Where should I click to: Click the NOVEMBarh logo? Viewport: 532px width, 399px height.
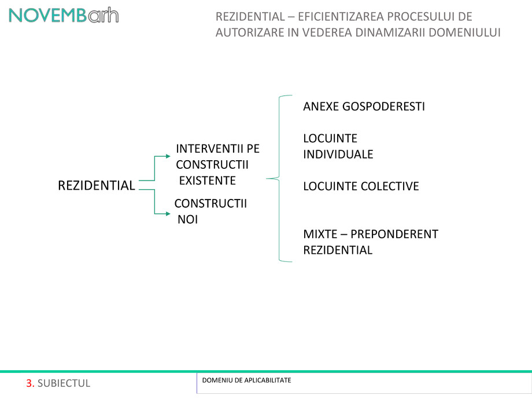(x=64, y=16)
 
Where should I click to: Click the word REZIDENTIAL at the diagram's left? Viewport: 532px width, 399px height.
(x=97, y=186)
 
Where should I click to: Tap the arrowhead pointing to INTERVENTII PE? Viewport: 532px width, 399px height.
(x=168, y=156)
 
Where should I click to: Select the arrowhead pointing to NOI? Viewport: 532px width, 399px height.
(x=168, y=213)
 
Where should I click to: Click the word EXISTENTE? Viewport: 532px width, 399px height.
(x=207, y=180)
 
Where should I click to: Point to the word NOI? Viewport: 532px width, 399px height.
(x=187, y=220)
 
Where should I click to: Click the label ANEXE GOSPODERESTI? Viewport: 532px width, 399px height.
(x=364, y=107)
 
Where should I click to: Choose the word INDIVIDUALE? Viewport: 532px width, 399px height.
(x=338, y=154)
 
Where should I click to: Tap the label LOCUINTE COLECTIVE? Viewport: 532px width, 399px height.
(x=361, y=186)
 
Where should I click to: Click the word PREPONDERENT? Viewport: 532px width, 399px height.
(x=394, y=234)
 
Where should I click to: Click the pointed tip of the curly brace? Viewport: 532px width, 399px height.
(x=267, y=179)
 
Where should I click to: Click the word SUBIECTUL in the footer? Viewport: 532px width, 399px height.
(x=64, y=383)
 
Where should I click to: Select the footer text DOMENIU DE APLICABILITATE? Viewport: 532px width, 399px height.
(x=246, y=380)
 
